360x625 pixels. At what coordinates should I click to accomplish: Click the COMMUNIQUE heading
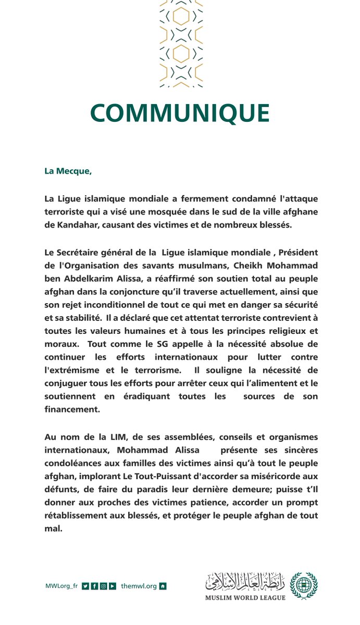(x=180, y=114)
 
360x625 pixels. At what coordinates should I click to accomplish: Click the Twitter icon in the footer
(x=85, y=586)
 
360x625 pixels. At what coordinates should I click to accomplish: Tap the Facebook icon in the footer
(x=94, y=586)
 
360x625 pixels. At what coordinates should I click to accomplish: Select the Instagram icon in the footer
(x=104, y=586)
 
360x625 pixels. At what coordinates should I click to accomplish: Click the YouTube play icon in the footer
(x=113, y=586)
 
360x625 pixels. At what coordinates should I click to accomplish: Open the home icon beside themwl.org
(x=163, y=586)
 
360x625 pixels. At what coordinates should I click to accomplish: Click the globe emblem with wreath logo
(x=304, y=585)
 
